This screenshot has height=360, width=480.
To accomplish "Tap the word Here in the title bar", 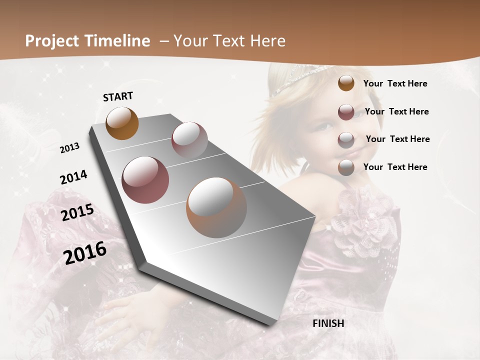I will pos(267,41).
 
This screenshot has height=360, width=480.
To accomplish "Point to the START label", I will pos(118,96).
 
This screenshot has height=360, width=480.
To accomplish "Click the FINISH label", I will pos(328,323).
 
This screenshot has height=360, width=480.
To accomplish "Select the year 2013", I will pos(70,148).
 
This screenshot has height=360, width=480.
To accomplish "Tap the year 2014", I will pos(73,177).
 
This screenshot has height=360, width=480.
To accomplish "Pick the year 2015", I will pos(77,212).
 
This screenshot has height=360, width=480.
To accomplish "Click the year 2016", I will pos(85,252).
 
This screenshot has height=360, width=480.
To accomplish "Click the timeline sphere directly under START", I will pos(122,123).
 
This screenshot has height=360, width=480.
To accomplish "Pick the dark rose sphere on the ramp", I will pos(145,180).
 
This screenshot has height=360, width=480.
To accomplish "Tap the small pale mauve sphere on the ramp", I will pos(189,139).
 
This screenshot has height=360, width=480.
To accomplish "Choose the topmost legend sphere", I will pos(346,83).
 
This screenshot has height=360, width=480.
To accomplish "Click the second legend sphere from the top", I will pos(346,112).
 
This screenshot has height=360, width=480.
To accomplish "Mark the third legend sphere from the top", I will pos(346,139).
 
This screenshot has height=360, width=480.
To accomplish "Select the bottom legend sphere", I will pos(346,167).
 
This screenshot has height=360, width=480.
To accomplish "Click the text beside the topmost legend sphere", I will pos(395,84).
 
